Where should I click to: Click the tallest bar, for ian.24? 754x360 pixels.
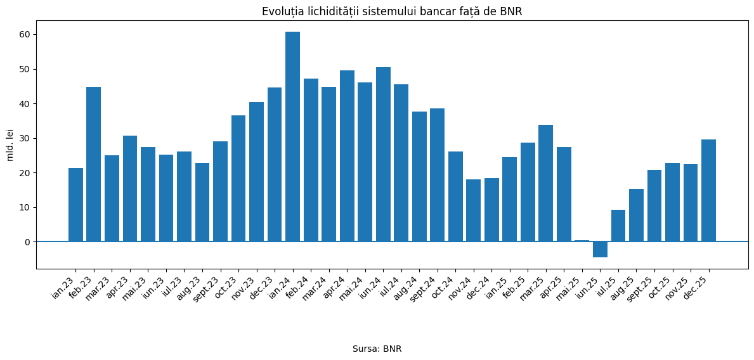[292, 136]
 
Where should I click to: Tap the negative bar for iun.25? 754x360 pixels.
[600, 249]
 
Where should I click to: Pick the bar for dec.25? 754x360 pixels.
[708, 190]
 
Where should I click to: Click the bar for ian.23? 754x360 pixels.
[75, 205]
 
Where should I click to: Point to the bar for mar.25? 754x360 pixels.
[545, 183]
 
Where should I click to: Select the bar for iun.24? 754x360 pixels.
[383, 154]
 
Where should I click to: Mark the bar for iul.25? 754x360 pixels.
[618, 226]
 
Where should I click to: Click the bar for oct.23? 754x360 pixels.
[238, 178]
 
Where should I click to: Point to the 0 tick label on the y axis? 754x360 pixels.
[27, 242]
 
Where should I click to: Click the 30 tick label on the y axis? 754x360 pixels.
[25, 138]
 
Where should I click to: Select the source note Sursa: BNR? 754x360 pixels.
[377, 349]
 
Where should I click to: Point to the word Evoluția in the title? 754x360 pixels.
[281, 11]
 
